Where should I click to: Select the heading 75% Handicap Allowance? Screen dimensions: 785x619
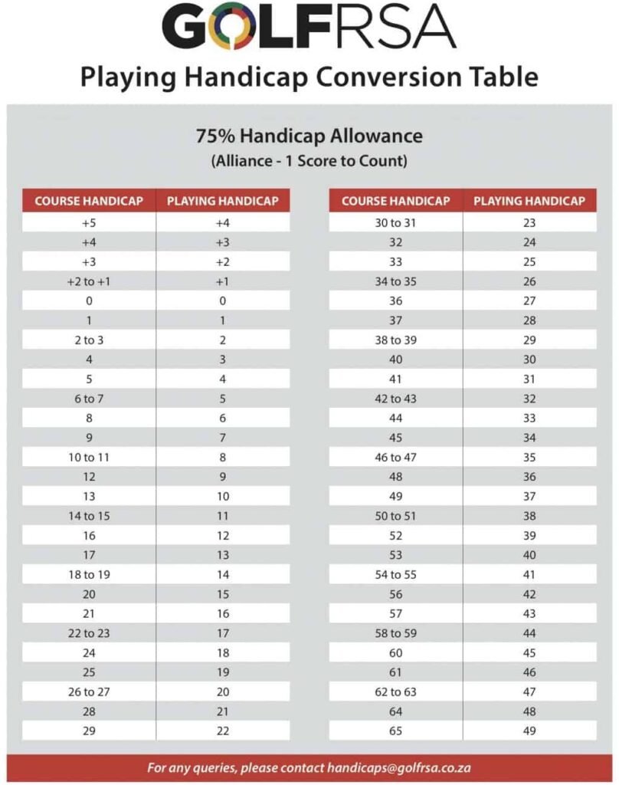click(309, 136)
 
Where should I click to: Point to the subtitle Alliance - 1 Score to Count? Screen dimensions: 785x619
click(309, 162)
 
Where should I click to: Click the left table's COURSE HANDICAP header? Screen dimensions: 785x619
click(89, 201)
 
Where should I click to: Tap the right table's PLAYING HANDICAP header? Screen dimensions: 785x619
click(529, 201)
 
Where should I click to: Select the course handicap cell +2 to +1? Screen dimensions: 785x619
click(89, 281)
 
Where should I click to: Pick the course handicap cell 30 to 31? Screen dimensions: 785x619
click(395, 223)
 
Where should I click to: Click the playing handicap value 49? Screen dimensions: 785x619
click(529, 731)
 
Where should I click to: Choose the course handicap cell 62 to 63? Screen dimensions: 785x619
click(395, 691)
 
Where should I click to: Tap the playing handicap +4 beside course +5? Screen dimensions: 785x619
click(223, 223)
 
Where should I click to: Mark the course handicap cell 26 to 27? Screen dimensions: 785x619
click(89, 691)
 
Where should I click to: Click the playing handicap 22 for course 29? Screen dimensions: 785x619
click(223, 731)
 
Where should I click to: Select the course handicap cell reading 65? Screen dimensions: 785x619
click(395, 731)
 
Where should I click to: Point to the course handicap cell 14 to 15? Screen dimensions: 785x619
click(89, 516)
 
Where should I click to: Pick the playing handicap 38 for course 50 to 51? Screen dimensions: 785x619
click(529, 516)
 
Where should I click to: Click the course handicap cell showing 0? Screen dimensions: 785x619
click(89, 301)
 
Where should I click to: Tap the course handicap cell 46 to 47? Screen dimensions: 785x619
click(395, 457)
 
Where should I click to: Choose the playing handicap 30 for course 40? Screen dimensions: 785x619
click(529, 360)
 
